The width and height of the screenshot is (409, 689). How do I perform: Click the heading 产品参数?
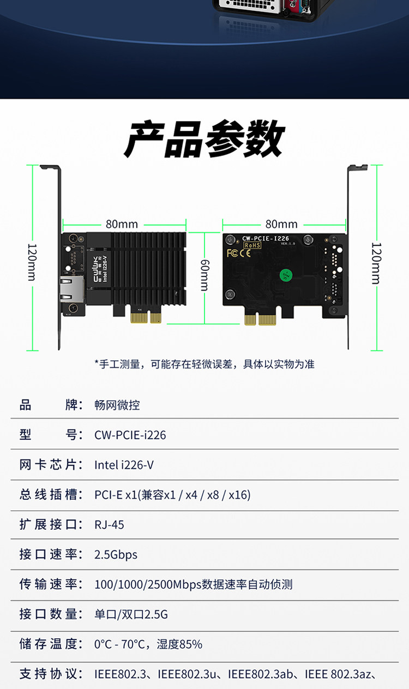[204, 139]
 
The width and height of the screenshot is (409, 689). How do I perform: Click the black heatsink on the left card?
[147, 268]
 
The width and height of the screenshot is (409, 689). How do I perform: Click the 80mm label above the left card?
[122, 224]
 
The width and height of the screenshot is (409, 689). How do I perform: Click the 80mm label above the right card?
[281, 224]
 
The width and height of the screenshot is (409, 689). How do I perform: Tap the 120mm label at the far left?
[32, 262]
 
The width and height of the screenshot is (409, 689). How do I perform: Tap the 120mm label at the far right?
[377, 263]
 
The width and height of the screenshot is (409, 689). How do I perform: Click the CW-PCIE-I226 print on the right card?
[266, 238]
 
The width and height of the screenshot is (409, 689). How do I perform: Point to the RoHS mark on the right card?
[252, 245]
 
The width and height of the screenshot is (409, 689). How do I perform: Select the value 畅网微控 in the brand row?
[117, 405]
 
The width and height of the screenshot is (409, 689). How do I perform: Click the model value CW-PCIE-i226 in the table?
[130, 435]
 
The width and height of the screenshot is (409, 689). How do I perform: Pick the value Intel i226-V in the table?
[124, 465]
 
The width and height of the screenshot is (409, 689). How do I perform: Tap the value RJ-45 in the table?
[109, 524]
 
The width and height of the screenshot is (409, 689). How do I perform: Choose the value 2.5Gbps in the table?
[116, 554]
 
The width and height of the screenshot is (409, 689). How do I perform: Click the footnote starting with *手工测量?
[204, 364]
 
